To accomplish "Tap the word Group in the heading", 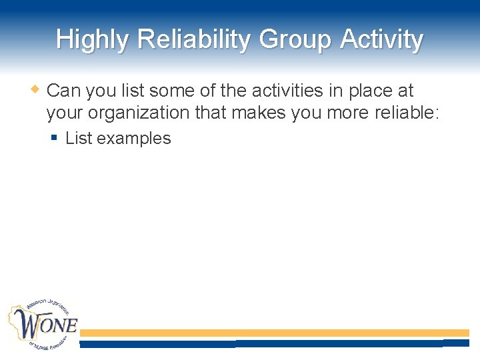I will click(295, 40).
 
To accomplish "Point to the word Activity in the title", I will click(381, 40).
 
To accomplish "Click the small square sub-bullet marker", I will click(55, 138).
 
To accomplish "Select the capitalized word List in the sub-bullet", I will click(78, 139).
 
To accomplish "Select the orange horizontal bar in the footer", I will click(274, 333).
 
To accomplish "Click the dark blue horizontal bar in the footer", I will click(274, 343).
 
